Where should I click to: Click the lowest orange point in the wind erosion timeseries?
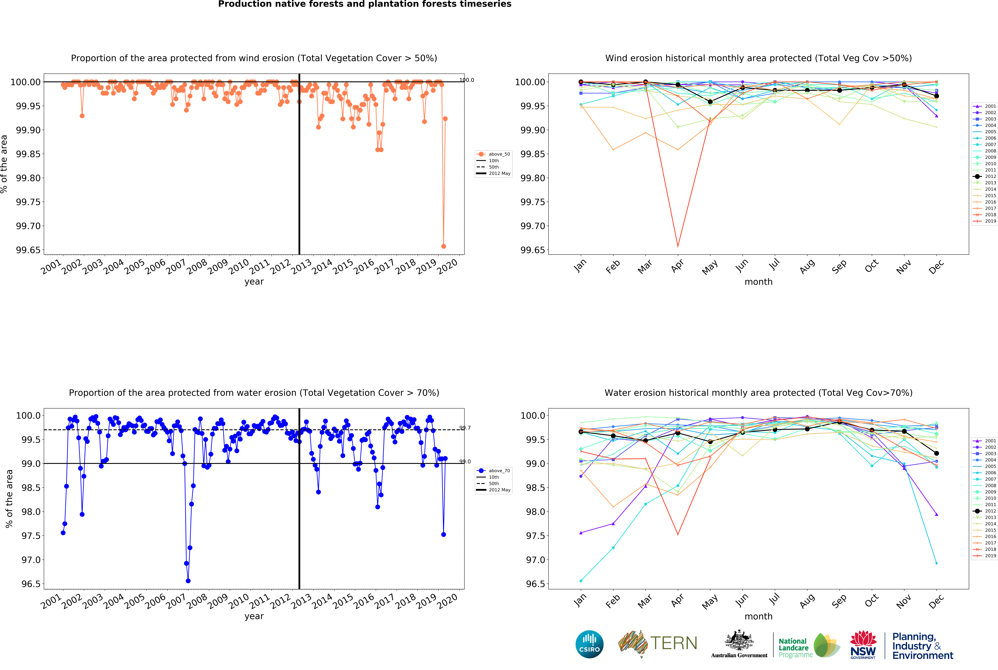(x=443, y=247)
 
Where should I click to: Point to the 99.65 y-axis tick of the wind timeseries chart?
(x=28, y=250)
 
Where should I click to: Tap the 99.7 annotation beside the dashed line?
(x=465, y=428)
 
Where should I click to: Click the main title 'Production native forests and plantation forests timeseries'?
(x=364, y=4)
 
